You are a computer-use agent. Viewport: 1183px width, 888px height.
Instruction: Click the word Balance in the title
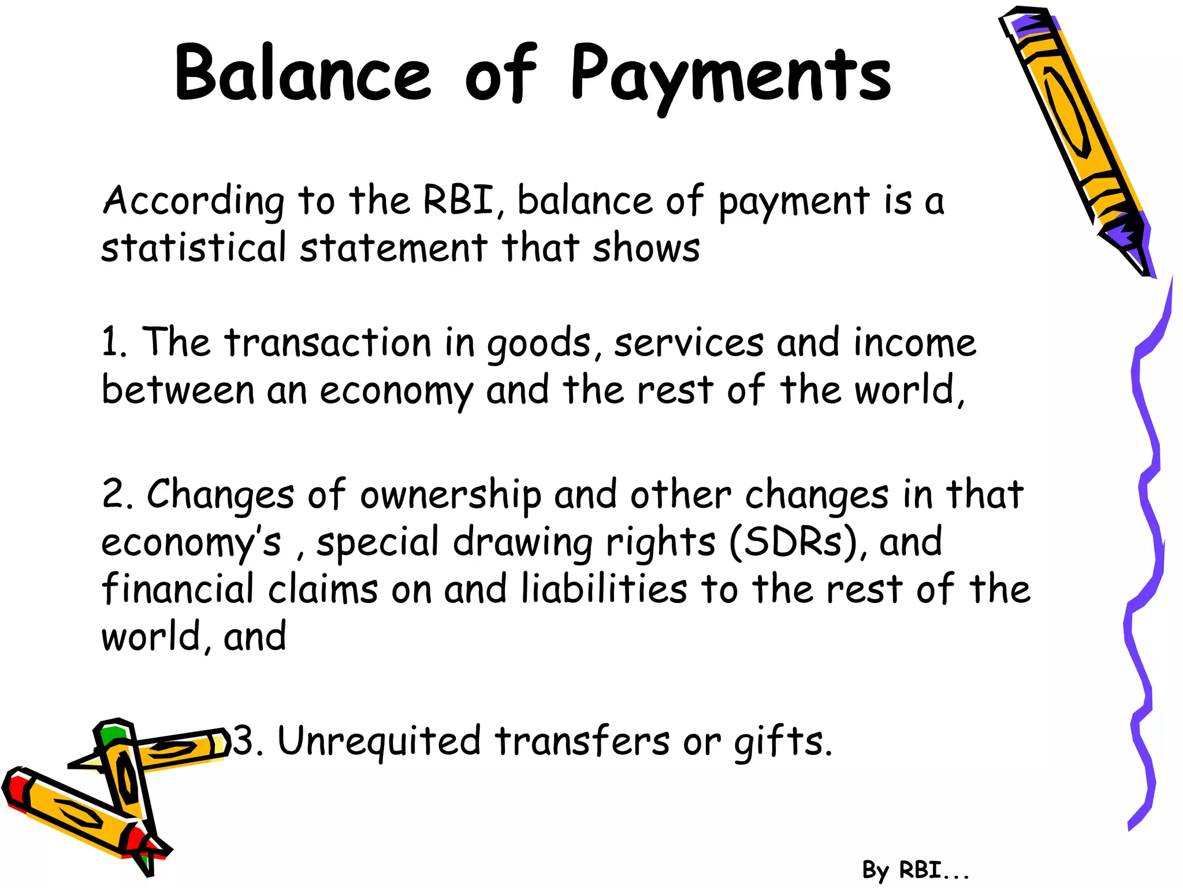303,74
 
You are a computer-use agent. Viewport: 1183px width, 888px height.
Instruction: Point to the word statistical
194,247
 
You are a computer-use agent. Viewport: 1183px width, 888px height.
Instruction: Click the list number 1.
112,342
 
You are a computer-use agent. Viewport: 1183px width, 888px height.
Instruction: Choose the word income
915,342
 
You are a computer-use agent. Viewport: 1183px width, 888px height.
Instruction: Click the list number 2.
116,495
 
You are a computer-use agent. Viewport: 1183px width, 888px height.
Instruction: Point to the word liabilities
604,589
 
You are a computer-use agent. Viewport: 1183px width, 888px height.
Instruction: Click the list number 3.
245,741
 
